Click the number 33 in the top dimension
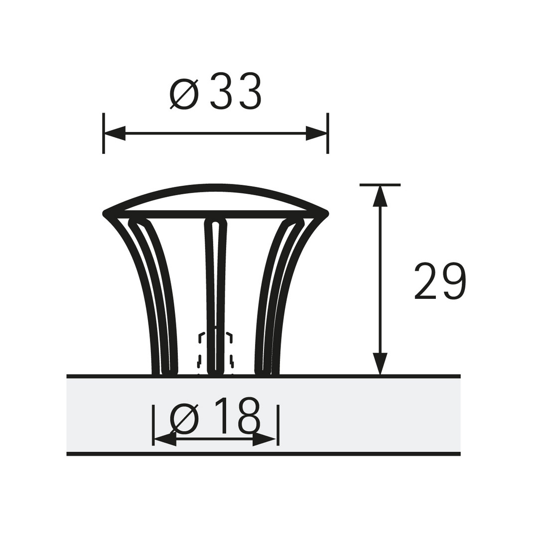click(236, 92)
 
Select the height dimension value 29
click(440, 281)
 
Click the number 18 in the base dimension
click(237, 415)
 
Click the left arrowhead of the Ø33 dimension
click(115, 133)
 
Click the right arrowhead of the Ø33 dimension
click(316, 133)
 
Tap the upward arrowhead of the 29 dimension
click(380, 196)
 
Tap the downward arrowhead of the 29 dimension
click(380, 364)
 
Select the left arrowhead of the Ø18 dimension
click(165, 439)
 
